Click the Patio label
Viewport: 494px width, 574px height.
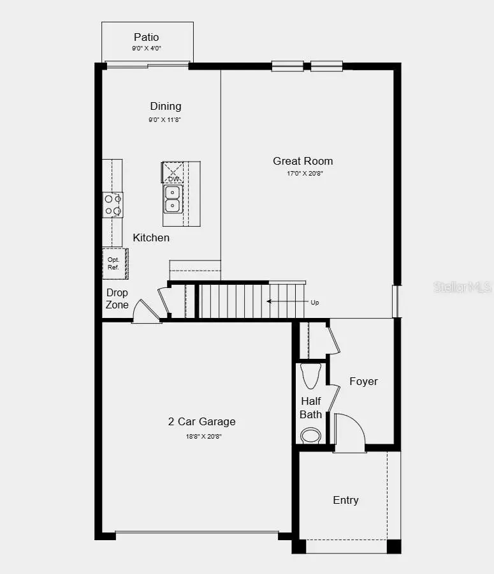click(146, 37)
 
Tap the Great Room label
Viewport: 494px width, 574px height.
click(303, 161)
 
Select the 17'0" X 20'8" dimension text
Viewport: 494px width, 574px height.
click(303, 174)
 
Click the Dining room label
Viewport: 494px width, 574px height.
click(165, 106)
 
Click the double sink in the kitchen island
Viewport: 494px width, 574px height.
click(172, 199)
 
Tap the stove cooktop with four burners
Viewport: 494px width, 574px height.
click(113, 205)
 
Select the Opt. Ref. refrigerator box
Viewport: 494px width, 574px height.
click(115, 263)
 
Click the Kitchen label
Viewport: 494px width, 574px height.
click(151, 238)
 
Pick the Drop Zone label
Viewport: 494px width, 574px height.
click(117, 299)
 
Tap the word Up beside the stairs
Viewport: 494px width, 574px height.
click(315, 302)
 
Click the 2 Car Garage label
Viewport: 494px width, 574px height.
click(201, 421)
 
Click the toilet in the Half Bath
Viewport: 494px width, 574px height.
click(311, 375)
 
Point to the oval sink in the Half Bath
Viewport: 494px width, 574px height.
click(311, 435)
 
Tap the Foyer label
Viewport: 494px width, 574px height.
click(363, 381)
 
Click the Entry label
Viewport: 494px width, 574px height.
click(345, 500)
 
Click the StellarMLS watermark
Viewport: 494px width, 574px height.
click(463, 288)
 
